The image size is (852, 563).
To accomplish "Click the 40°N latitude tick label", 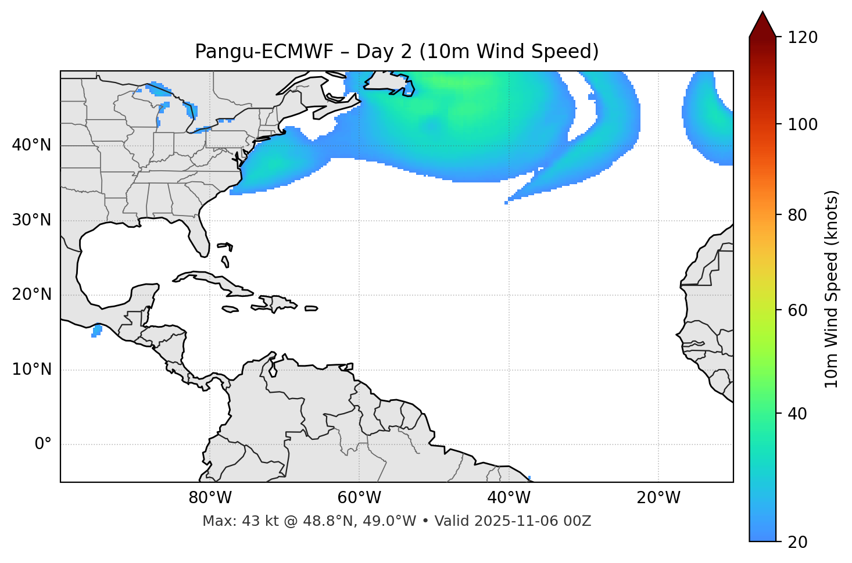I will point(31,145).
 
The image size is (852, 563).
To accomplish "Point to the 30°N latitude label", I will point(31,220).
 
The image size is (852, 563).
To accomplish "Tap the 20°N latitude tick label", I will point(31,295).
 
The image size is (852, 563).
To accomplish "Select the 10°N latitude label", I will point(31,370).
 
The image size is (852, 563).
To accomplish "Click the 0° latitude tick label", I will point(43,444).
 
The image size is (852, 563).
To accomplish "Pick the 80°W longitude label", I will point(210,498).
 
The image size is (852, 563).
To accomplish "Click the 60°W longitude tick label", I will point(359,498).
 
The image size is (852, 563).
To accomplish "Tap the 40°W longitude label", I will point(509,498).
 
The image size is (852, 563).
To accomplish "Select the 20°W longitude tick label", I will point(658,498).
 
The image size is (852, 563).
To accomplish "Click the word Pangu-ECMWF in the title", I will point(264,52).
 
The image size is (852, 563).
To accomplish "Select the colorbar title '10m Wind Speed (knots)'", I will point(832,289).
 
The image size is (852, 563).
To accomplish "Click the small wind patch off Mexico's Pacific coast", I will point(97,331).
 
